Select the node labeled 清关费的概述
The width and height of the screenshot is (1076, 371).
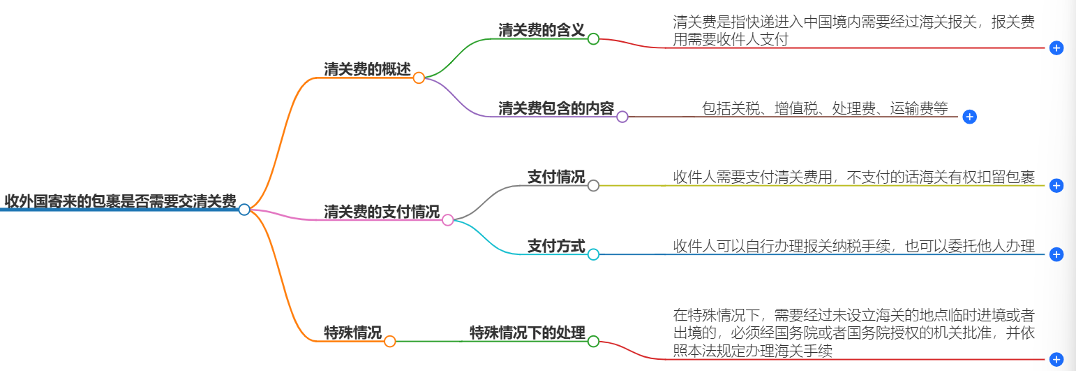click(x=367, y=69)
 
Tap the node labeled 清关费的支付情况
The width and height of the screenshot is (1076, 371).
click(x=381, y=212)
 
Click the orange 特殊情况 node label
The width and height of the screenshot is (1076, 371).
click(x=352, y=333)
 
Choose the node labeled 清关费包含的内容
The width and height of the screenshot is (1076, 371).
click(x=555, y=108)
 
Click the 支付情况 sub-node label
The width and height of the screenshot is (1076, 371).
click(x=555, y=177)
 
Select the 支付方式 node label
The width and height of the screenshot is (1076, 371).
click(x=555, y=246)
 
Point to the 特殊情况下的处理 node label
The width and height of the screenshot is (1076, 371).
click(x=527, y=333)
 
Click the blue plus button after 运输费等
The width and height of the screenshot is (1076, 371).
click(x=969, y=117)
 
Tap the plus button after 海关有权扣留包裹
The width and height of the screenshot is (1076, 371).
click(x=1056, y=185)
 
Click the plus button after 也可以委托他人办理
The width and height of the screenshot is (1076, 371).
click(x=1056, y=254)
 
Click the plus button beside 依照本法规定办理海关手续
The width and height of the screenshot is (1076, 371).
click(x=1056, y=359)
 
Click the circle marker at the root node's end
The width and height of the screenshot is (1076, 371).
click(x=244, y=210)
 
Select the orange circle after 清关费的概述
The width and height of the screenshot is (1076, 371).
click(x=419, y=78)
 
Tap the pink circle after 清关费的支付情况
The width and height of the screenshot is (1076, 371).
click(x=448, y=220)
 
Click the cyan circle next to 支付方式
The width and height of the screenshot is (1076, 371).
click(x=593, y=254)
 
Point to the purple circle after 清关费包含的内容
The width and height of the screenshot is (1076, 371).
click(x=622, y=117)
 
